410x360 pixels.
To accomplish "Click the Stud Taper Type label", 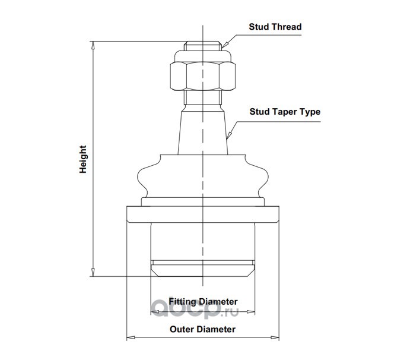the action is pyautogui.click(x=285, y=111).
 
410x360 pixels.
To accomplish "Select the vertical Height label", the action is pyautogui.click(x=83, y=159).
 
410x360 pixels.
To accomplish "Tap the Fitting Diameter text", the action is pyautogui.click(x=203, y=301).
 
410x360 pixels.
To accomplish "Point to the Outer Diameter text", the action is pyautogui.click(x=203, y=329).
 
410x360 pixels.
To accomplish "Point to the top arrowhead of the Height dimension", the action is pyautogui.click(x=93, y=45).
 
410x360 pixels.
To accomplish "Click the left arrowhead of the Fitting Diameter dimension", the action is pyautogui.click(x=153, y=312).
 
